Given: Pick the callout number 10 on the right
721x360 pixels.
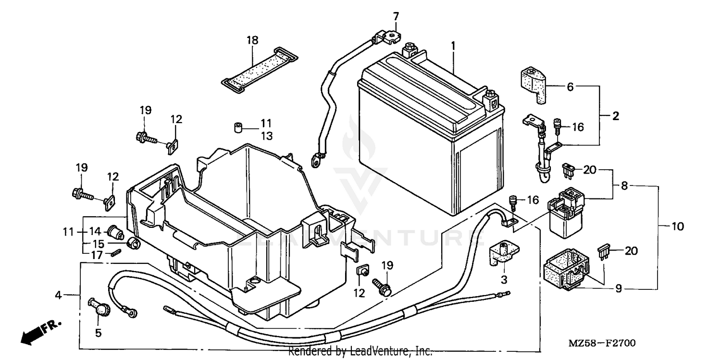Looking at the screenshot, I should (677, 226).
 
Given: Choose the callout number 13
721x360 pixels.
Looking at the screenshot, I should (266, 136).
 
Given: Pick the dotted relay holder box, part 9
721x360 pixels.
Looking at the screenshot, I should (566, 272).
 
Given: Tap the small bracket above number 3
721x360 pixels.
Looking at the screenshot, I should (504, 253).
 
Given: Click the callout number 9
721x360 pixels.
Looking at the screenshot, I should (619, 288).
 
